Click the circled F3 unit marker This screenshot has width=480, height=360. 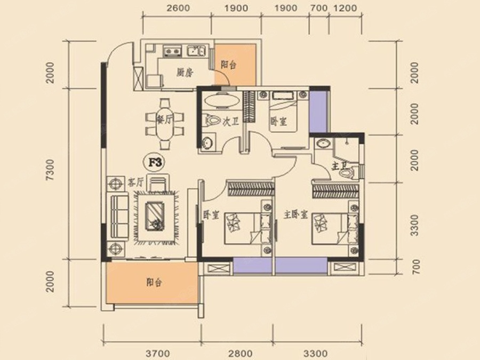click(x=155, y=163)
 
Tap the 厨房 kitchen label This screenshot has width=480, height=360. click(x=185, y=73)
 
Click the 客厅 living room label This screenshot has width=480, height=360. click(x=135, y=183)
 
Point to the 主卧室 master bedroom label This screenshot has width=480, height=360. click(x=295, y=215)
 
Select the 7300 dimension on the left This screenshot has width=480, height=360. click(x=50, y=170)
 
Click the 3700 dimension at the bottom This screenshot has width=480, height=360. click(x=158, y=354)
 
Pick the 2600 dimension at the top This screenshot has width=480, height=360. click(x=178, y=7)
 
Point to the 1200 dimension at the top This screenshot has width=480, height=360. click(x=345, y=7)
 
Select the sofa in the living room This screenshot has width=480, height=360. click(x=119, y=217)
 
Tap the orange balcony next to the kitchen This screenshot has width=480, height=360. click(x=235, y=65)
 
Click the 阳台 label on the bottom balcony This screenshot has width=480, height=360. click(x=154, y=282)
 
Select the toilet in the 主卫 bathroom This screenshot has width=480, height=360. click(x=346, y=173)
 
